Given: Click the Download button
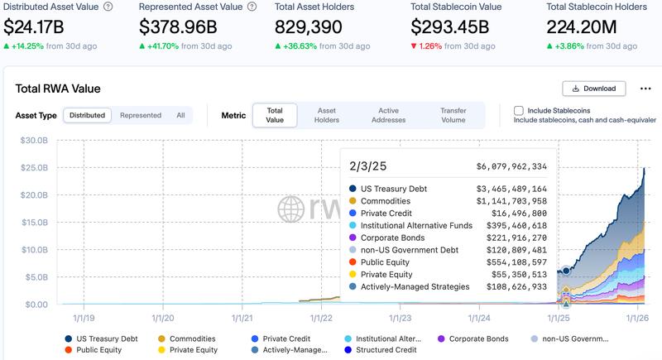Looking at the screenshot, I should coord(594,89).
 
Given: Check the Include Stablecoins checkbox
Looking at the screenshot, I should coord(519,110).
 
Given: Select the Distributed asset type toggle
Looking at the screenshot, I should coord(87,115).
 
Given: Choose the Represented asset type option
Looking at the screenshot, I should coord(141,115).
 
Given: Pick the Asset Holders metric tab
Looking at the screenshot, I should coord(327,115).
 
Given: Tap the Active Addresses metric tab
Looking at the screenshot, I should coord(388,115).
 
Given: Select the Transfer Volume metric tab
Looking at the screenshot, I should coord(453,115).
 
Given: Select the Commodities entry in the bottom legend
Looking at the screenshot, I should coord(191,338).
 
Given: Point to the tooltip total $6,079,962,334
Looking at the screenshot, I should coord(511,166).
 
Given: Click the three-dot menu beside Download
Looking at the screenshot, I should coord(642,89).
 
